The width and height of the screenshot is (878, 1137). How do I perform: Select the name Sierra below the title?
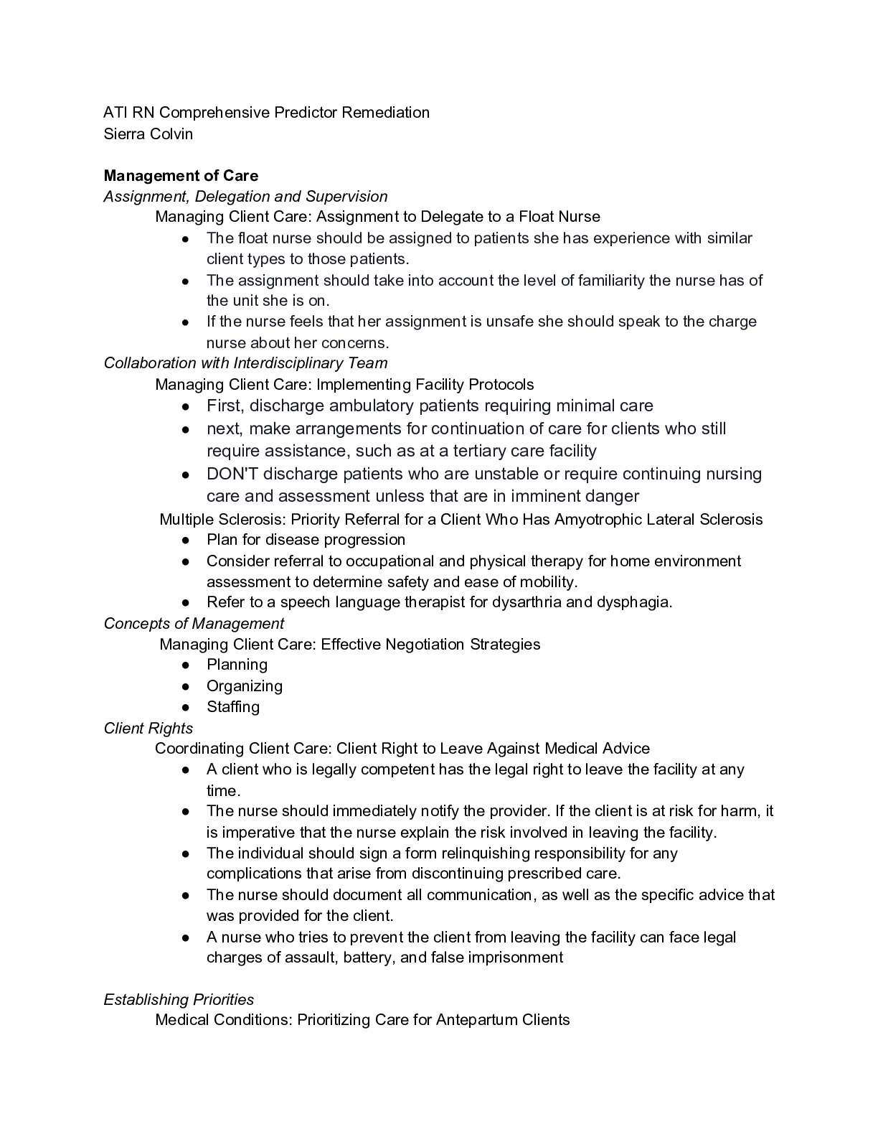(x=125, y=134)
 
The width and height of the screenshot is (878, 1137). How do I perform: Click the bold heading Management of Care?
(x=181, y=176)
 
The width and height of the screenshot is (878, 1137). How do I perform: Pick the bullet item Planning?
(x=237, y=665)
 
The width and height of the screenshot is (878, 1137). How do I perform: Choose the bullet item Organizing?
(x=245, y=686)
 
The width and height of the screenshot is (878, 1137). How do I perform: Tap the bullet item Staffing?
(x=233, y=707)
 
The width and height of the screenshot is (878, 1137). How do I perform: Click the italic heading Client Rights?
(x=148, y=729)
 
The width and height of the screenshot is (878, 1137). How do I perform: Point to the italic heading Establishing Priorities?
(x=179, y=1000)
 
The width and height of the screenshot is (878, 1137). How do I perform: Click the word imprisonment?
(x=515, y=958)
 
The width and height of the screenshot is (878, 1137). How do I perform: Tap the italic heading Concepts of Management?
(x=194, y=624)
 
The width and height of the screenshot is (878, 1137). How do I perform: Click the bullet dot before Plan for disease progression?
(x=185, y=541)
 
